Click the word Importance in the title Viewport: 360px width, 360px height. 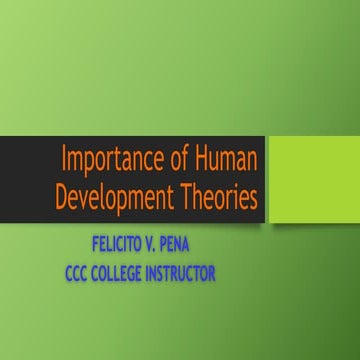pyautogui.click(x=110, y=160)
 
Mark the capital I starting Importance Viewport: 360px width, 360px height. pyautogui.click(x=65, y=160)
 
